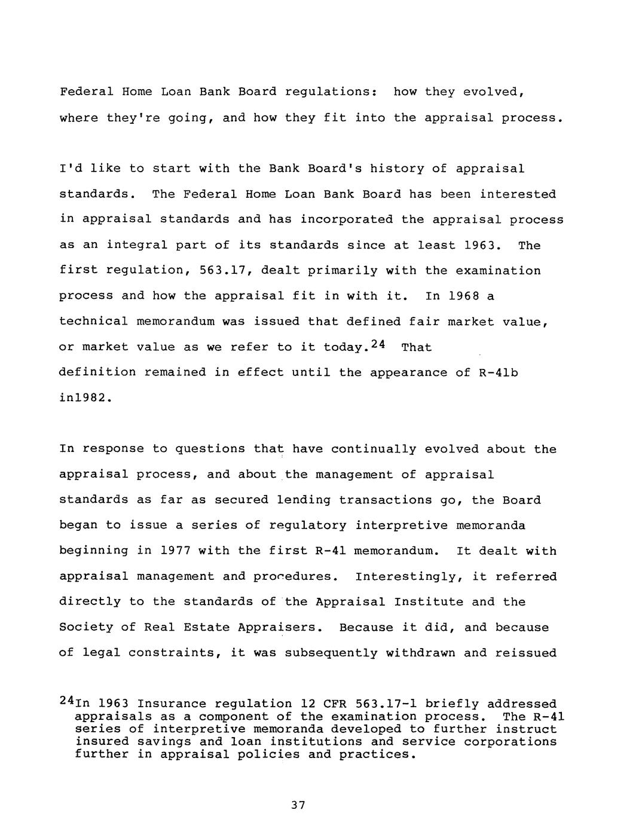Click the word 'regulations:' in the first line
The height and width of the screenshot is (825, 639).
point(330,92)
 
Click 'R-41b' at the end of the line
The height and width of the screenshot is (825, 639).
point(499,372)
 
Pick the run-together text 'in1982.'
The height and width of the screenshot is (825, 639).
point(85,398)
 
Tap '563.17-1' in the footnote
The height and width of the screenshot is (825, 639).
point(386,704)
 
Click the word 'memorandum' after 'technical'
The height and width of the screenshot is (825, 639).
point(175,322)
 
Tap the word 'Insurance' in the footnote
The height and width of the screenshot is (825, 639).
point(172,704)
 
